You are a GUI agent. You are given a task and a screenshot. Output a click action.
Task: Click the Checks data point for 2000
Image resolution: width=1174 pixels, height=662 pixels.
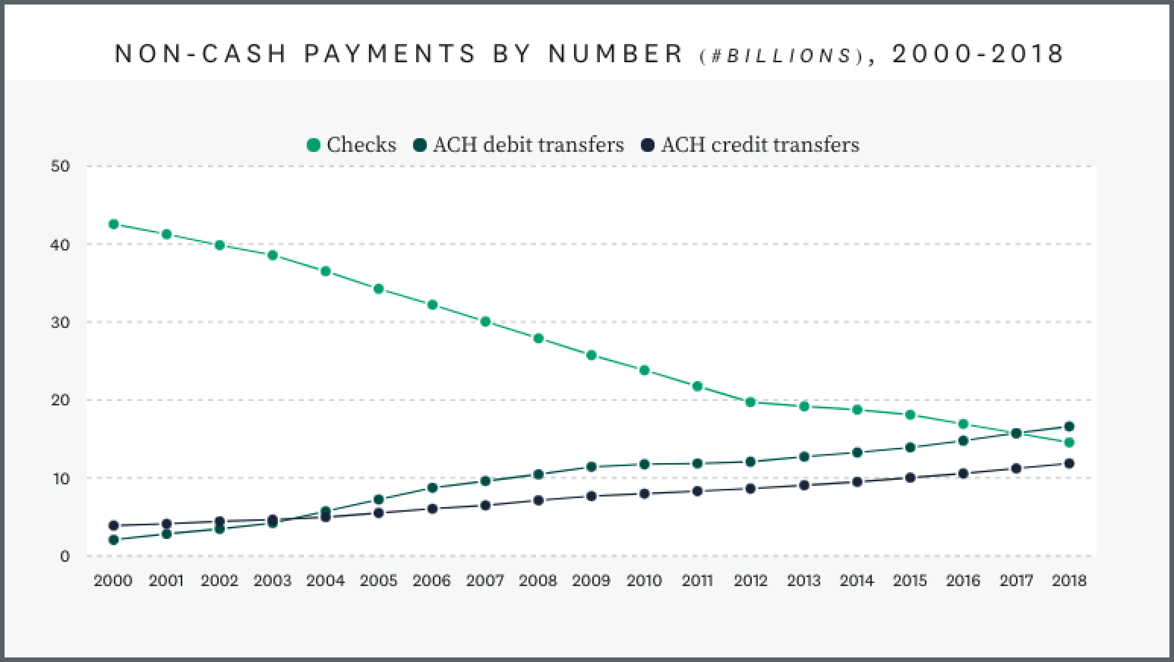(x=113, y=224)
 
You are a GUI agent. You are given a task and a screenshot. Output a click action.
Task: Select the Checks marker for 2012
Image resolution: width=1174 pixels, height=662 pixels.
(x=750, y=402)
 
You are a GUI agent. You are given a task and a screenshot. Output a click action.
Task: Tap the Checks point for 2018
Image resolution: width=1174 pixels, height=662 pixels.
(x=1069, y=442)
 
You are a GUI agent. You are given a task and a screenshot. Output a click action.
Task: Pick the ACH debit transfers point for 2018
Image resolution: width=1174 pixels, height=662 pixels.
(x=1069, y=426)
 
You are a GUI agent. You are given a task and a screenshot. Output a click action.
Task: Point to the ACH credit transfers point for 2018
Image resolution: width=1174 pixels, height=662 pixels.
(x=1069, y=464)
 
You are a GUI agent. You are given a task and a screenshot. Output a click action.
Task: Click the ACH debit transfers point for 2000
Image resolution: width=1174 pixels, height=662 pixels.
(x=113, y=540)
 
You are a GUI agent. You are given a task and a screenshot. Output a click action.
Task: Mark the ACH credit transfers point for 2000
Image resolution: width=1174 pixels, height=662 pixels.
(x=113, y=525)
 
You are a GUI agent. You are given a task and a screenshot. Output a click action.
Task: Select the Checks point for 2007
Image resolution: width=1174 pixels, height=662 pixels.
(x=485, y=321)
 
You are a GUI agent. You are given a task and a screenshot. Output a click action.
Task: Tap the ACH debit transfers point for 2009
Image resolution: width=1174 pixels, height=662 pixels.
(x=591, y=467)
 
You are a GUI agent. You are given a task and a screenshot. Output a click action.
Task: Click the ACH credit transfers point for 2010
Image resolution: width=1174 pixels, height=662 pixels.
(x=644, y=493)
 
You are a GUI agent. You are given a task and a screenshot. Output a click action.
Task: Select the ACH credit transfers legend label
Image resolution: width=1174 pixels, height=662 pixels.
(x=760, y=145)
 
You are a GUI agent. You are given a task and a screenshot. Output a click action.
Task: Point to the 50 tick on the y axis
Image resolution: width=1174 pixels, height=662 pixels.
(x=60, y=166)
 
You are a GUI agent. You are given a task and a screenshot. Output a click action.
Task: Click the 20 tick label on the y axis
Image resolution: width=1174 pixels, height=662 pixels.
(x=60, y=400)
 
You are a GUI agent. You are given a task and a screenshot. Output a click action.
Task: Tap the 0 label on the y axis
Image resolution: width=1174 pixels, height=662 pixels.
(x=65, y=556)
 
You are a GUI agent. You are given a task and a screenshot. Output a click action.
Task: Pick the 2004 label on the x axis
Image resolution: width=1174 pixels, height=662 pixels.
(x=326, y=581)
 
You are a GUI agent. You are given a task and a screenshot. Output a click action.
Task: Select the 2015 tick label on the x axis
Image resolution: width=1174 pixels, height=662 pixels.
(x=910, y=581)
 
